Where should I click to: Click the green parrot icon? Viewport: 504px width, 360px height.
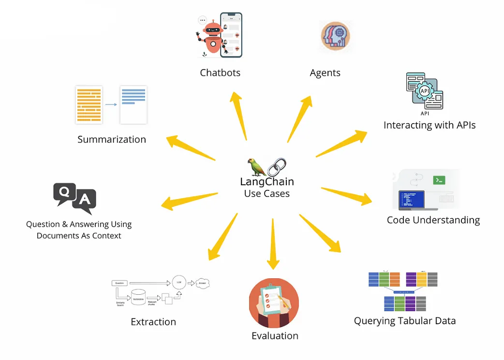(257, 167)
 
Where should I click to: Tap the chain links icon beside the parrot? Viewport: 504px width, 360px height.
(277, 167)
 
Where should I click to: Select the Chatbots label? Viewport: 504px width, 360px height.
(220, 73)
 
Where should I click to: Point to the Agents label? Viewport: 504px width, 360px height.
(325, 73)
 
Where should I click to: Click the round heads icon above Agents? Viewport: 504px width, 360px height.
(335, 36)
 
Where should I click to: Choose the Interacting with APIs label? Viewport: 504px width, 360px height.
(430, 125)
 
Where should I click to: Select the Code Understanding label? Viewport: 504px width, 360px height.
(433, 220)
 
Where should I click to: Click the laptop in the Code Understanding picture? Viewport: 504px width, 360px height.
(411, 201)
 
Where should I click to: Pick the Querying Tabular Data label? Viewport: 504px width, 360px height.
(405, 321)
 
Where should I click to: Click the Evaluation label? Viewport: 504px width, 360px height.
(275, 336)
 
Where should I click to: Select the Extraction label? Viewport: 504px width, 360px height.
(153, 322)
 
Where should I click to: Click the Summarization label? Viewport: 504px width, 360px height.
(112, 140)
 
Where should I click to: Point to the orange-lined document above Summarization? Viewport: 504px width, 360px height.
(89, 104)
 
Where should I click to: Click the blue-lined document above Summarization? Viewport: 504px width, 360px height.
(133, 104)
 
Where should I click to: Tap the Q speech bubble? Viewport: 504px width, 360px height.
(64, 193)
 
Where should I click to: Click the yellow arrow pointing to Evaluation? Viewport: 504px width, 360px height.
(273, 244)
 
